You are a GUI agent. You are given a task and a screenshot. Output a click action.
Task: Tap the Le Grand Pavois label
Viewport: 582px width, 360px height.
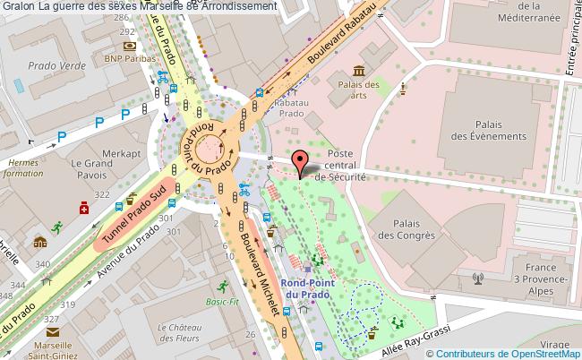pos(90,169)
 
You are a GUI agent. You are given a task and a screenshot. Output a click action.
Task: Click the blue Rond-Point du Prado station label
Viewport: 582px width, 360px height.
pos(306,287)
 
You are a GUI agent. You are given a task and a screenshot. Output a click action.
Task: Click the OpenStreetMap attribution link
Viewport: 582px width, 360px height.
pos(543,353)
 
